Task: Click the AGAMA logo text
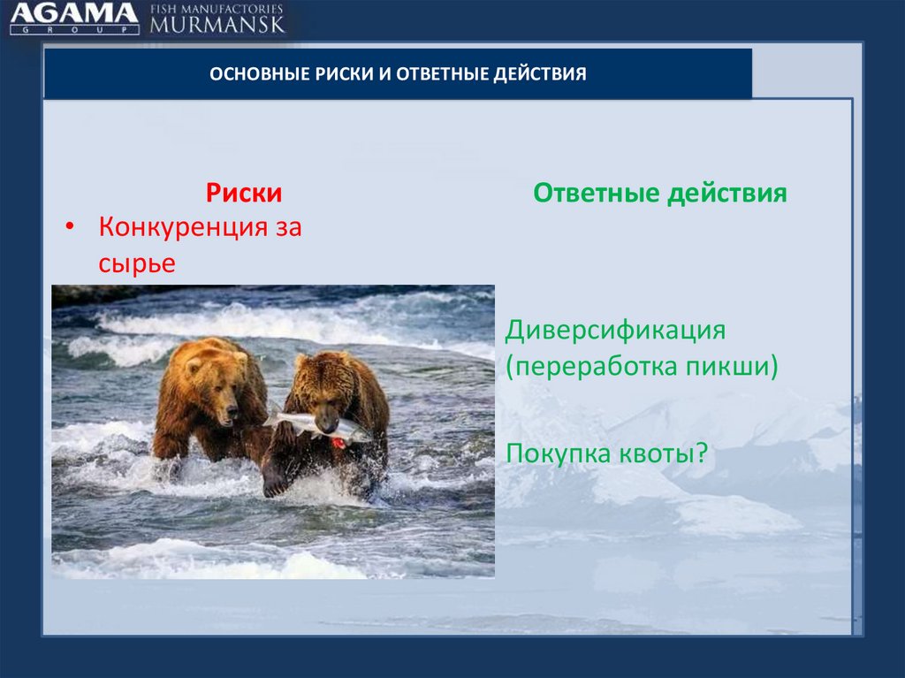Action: pos(74,12)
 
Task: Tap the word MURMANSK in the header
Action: pos(217,24)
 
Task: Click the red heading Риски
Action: pos(244,193)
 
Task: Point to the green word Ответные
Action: pos(597,193)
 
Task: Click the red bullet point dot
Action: pos(70,226)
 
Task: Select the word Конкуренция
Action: pos(183,226)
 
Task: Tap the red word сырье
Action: pos(137,263)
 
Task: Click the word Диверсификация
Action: pos(615,331)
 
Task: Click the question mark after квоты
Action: pos(701,453)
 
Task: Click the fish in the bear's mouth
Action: pos(317,425)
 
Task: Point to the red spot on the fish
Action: pos(338,443)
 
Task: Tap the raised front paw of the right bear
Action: pos(275,479)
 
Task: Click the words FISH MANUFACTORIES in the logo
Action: pos(217,9)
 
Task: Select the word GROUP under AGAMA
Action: pos(74,29)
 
